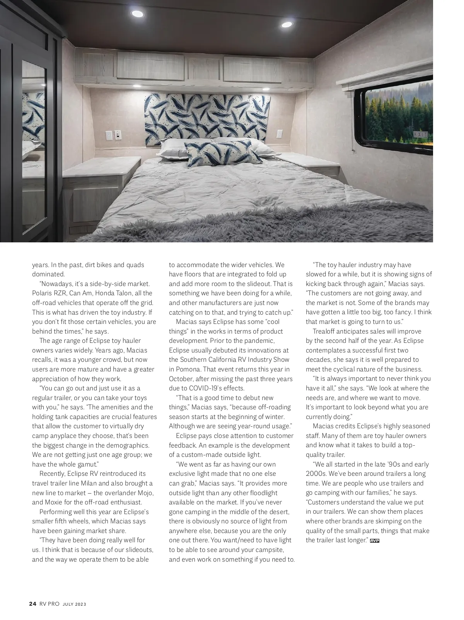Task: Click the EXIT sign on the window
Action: click(x=421, y=135)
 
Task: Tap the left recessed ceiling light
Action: click(x=137, y=14)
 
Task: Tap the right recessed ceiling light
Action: click(x=287, y=25)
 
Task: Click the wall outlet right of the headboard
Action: click(x=279, y=134)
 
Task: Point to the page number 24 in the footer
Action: click(x=32, y=604)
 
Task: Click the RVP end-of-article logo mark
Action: click(x=374, y=541)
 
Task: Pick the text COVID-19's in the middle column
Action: click(x=205, y=388)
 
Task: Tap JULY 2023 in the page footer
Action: click(x=74, y=604)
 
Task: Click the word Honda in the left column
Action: click(x=104, y=293)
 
